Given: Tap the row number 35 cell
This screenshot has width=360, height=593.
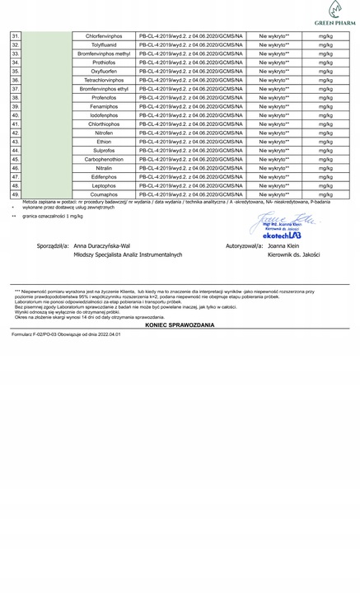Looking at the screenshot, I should pos(16,71).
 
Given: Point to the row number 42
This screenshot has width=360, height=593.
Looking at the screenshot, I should pos(16,132).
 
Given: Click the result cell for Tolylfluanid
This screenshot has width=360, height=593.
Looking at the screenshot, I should pos(274,45).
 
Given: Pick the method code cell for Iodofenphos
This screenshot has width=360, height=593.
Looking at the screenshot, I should pos(191,114).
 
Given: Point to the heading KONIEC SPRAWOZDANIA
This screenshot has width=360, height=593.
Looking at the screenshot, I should pos(179,325).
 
